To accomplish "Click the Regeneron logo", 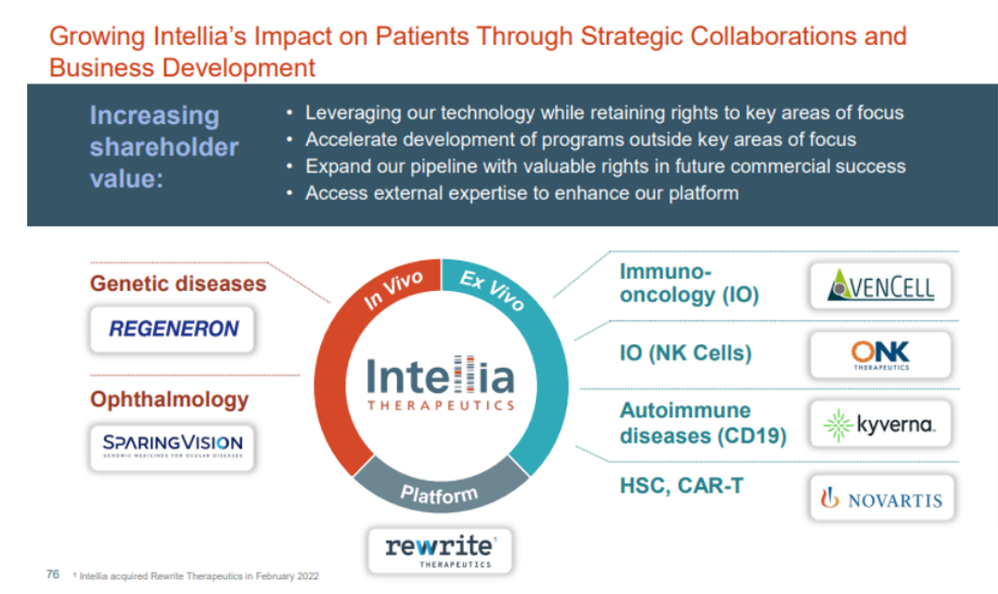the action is point(173,328).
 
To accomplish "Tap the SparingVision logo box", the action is point(173,448).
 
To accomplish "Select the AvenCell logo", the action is point(881,285).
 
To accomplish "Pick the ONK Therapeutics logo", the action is point(881,355).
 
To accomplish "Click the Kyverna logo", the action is point(881,424).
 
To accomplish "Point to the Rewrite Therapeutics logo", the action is point(439,551).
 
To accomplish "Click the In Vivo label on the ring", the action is point(392,289).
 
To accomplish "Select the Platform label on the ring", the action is point(439,494).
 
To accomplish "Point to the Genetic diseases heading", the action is point(178,283).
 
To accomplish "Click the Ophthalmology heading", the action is point(169,400).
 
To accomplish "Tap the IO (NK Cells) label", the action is point(685,353).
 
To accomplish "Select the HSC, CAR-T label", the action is point(682,486).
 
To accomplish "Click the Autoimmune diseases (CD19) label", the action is point(703,423).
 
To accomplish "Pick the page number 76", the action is point(53,574).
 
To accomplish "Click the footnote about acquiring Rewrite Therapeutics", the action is point(196,576).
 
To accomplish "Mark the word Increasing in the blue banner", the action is point(155,115).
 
